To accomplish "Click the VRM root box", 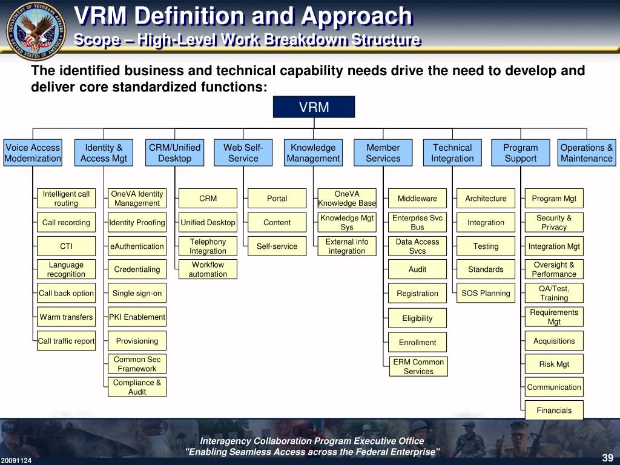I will coord(314,107).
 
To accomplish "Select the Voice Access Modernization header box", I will coord(33,153).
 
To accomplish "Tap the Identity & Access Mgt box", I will coord(104,153).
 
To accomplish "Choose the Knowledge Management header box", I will coord(313,153).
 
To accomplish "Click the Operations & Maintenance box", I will coord(586,153).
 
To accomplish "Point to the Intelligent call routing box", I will coord(66,199).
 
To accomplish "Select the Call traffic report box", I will coord(66,341).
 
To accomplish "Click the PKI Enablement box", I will coord(137,317).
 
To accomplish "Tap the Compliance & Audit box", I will coord(137,387).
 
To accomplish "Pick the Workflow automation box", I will coord(208,269).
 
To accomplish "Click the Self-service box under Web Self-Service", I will coord(277,246).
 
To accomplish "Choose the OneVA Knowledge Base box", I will coord(347,199).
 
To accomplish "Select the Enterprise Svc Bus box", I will coord(417,222).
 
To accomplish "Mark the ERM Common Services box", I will coord(418,366).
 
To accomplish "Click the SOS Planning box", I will coord(486,293).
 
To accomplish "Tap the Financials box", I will coord(554,410).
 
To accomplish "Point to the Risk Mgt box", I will coord(554,364).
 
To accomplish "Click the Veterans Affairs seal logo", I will coord(36,30).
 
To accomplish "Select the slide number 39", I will coord(607,457).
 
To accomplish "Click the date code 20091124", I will coord(16,460).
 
